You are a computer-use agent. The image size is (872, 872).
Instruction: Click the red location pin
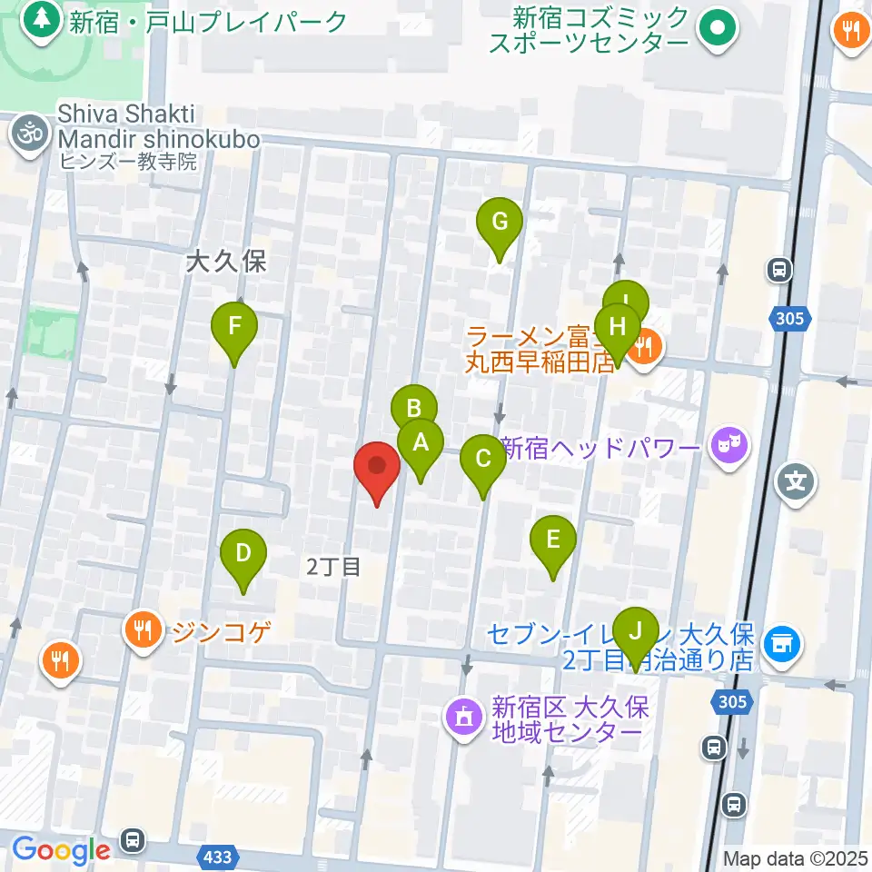pyautogui.click(x=376, y=470)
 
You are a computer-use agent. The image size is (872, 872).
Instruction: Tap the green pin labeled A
pyautogui.click(x=420, y=446)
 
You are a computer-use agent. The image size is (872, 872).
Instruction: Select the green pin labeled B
pyautogui.click(x=413, y=409)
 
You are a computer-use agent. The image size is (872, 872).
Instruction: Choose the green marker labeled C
pyautogui.click(x=482, y=461)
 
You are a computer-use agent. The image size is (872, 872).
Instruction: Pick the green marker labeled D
pyautogui.click(x=243, y=555)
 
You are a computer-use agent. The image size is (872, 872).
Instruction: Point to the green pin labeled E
pyautogui.click(x=553, y=541)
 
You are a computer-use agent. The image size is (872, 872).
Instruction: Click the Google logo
pyautogui.click(x=61, y=850)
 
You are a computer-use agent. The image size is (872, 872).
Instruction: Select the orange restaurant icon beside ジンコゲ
pyautogui.click(x=144, y=628)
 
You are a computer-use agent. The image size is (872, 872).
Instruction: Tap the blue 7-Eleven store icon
pyautogui.click(x=778, y=644)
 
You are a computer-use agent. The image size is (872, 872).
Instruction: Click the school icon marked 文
pyautogui.click(x=796, y=480)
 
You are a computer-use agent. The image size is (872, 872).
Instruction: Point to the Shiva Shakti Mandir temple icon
pyautogui.click(x=31, y=134)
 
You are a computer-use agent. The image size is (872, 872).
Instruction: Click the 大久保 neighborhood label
pyautogui.click(x=224, y=263)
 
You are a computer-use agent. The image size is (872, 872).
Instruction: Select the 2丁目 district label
pyautogui.click(x=333, y=567)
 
